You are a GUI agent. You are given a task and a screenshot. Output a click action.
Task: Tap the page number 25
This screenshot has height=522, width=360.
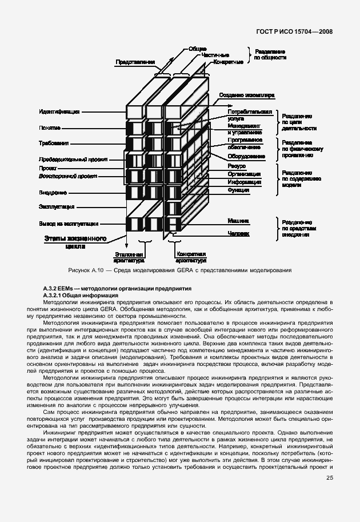coord(330,478)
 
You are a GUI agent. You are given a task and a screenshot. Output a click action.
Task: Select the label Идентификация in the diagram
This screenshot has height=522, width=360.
coord(59,111)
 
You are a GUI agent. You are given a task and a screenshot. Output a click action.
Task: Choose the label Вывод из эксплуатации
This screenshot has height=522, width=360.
coord(69,224)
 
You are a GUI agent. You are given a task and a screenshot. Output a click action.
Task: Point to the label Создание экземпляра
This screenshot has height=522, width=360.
coord(247,95)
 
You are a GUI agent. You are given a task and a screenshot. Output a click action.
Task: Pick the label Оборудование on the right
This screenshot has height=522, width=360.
coord(246,156)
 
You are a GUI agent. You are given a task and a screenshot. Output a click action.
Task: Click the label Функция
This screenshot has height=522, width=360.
coord(238,189)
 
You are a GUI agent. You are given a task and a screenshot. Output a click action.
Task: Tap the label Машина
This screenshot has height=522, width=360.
coord(238,220)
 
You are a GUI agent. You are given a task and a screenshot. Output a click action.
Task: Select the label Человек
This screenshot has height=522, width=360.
coord(238,233)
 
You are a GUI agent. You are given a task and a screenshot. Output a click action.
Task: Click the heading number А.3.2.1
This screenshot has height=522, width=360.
coord(55,294)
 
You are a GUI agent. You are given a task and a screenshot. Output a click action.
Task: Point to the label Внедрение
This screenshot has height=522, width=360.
coord(53,193)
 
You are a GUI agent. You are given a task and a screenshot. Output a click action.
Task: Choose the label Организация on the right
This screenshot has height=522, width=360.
coord(244,174)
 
